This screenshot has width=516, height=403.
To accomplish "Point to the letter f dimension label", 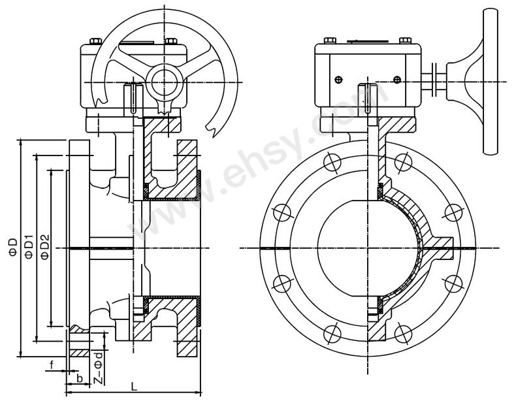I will click(51, 364).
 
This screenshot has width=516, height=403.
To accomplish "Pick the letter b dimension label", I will click(79, 378).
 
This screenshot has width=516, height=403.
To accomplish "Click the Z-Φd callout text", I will click(97, 368).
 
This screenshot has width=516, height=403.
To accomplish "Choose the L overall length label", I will click(134, 386).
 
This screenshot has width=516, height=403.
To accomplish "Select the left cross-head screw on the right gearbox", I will click(338, 80).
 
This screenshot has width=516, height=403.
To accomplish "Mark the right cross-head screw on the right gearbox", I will click(397, 80).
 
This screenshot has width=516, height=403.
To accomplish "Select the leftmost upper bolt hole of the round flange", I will click(282, 212).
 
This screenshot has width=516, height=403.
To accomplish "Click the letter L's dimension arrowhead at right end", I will click(197, 393).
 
